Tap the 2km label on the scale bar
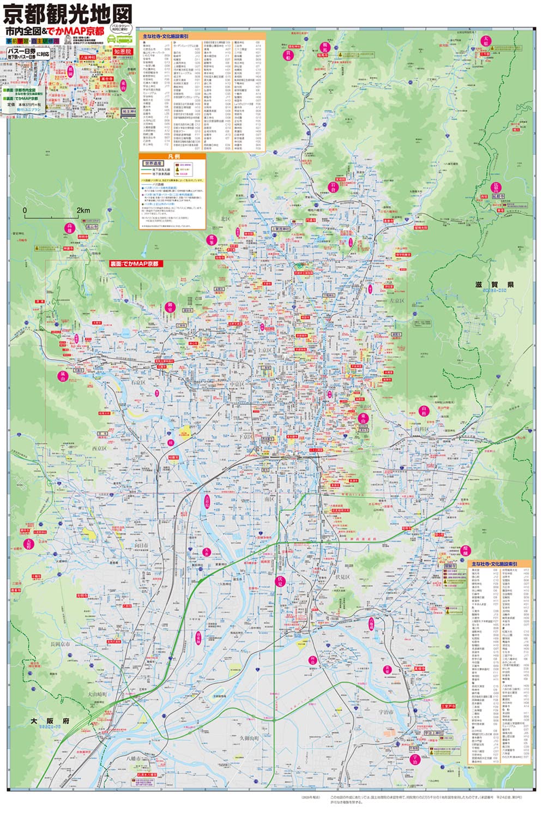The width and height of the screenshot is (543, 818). point(83,210)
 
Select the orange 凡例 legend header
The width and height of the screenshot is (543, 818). point(172,156)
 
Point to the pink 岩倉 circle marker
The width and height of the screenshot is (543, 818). point(333,187)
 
